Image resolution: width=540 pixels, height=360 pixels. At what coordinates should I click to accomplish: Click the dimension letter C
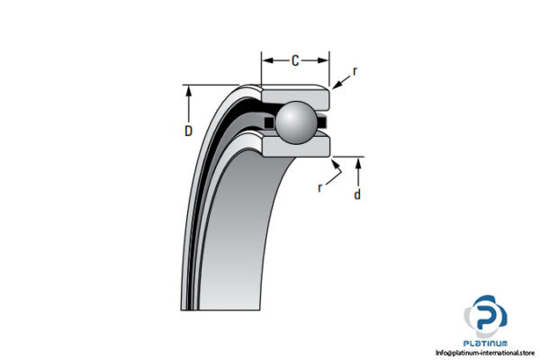(x=295, y=61)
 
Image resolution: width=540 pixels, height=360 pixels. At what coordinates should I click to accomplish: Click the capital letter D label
(x=189, y=131)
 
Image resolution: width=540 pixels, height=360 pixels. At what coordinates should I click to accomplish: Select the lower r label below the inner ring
(x=320, y=188)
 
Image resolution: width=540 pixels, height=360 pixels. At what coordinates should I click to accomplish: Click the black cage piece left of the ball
(x=268, y=121)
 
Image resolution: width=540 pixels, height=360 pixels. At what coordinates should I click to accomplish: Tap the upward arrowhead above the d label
(x=360, y=163)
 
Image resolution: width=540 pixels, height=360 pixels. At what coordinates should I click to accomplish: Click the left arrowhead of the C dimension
(x=266, y=61)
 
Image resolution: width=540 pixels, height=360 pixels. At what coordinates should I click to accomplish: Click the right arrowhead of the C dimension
(x=325, y=61)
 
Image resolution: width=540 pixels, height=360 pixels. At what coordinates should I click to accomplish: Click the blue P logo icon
(x=486, y=318)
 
